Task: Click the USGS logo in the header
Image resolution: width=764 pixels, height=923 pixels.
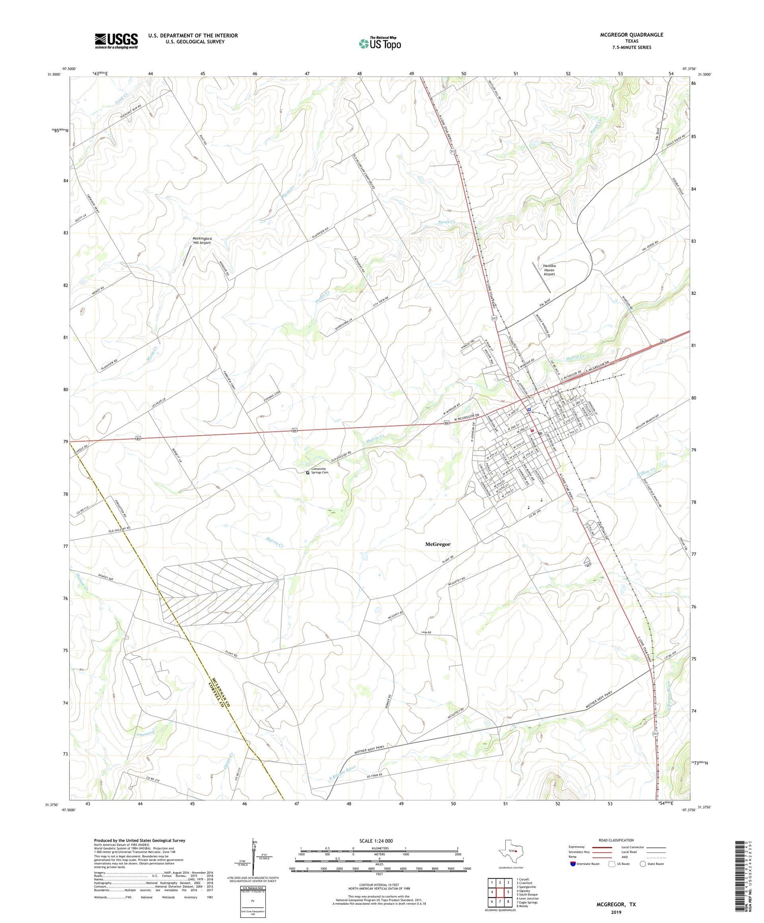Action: pos(116,41)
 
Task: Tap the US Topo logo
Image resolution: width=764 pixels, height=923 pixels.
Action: pos(379,44)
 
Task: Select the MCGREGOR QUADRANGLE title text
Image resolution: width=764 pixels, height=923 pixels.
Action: pos(632,35)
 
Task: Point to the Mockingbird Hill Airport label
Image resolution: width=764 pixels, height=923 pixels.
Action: pos(202,241)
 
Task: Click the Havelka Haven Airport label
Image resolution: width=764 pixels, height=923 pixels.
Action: pos(549,270)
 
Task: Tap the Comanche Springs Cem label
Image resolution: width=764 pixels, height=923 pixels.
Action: pos(320,470)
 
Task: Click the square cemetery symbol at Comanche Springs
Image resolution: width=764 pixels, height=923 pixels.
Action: pos(308,472)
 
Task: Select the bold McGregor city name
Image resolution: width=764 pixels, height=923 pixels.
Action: pos(438,544)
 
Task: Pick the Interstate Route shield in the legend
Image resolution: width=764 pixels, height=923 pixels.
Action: pos(572,864)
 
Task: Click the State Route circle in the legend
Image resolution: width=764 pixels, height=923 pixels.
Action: pos(643,864)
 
